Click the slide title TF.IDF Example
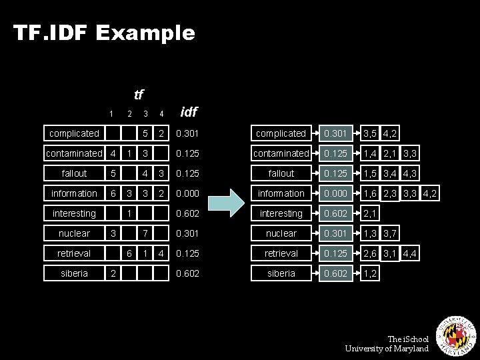[x=104, y=33]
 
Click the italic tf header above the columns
[x=138, y=95]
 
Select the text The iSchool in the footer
[x=408, y=339]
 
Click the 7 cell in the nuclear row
[x=145, y=233]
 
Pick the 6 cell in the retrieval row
[x=129, y=253]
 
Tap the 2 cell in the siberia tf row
[x=113, y=273]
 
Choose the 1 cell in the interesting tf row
[x=129, y=213]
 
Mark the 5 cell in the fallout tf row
[x=113, y=173]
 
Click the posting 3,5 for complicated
[x=370, y=133]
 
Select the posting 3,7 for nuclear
[x=390, y=233]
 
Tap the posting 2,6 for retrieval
[x=370, y=253]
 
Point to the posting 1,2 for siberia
[x=370, y=273]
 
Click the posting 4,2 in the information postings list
[x=430, y=193]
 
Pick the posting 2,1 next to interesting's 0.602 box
[x=370, y=213]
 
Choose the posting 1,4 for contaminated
[x=370, y=153]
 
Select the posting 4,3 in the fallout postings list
[x=410, y=173]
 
